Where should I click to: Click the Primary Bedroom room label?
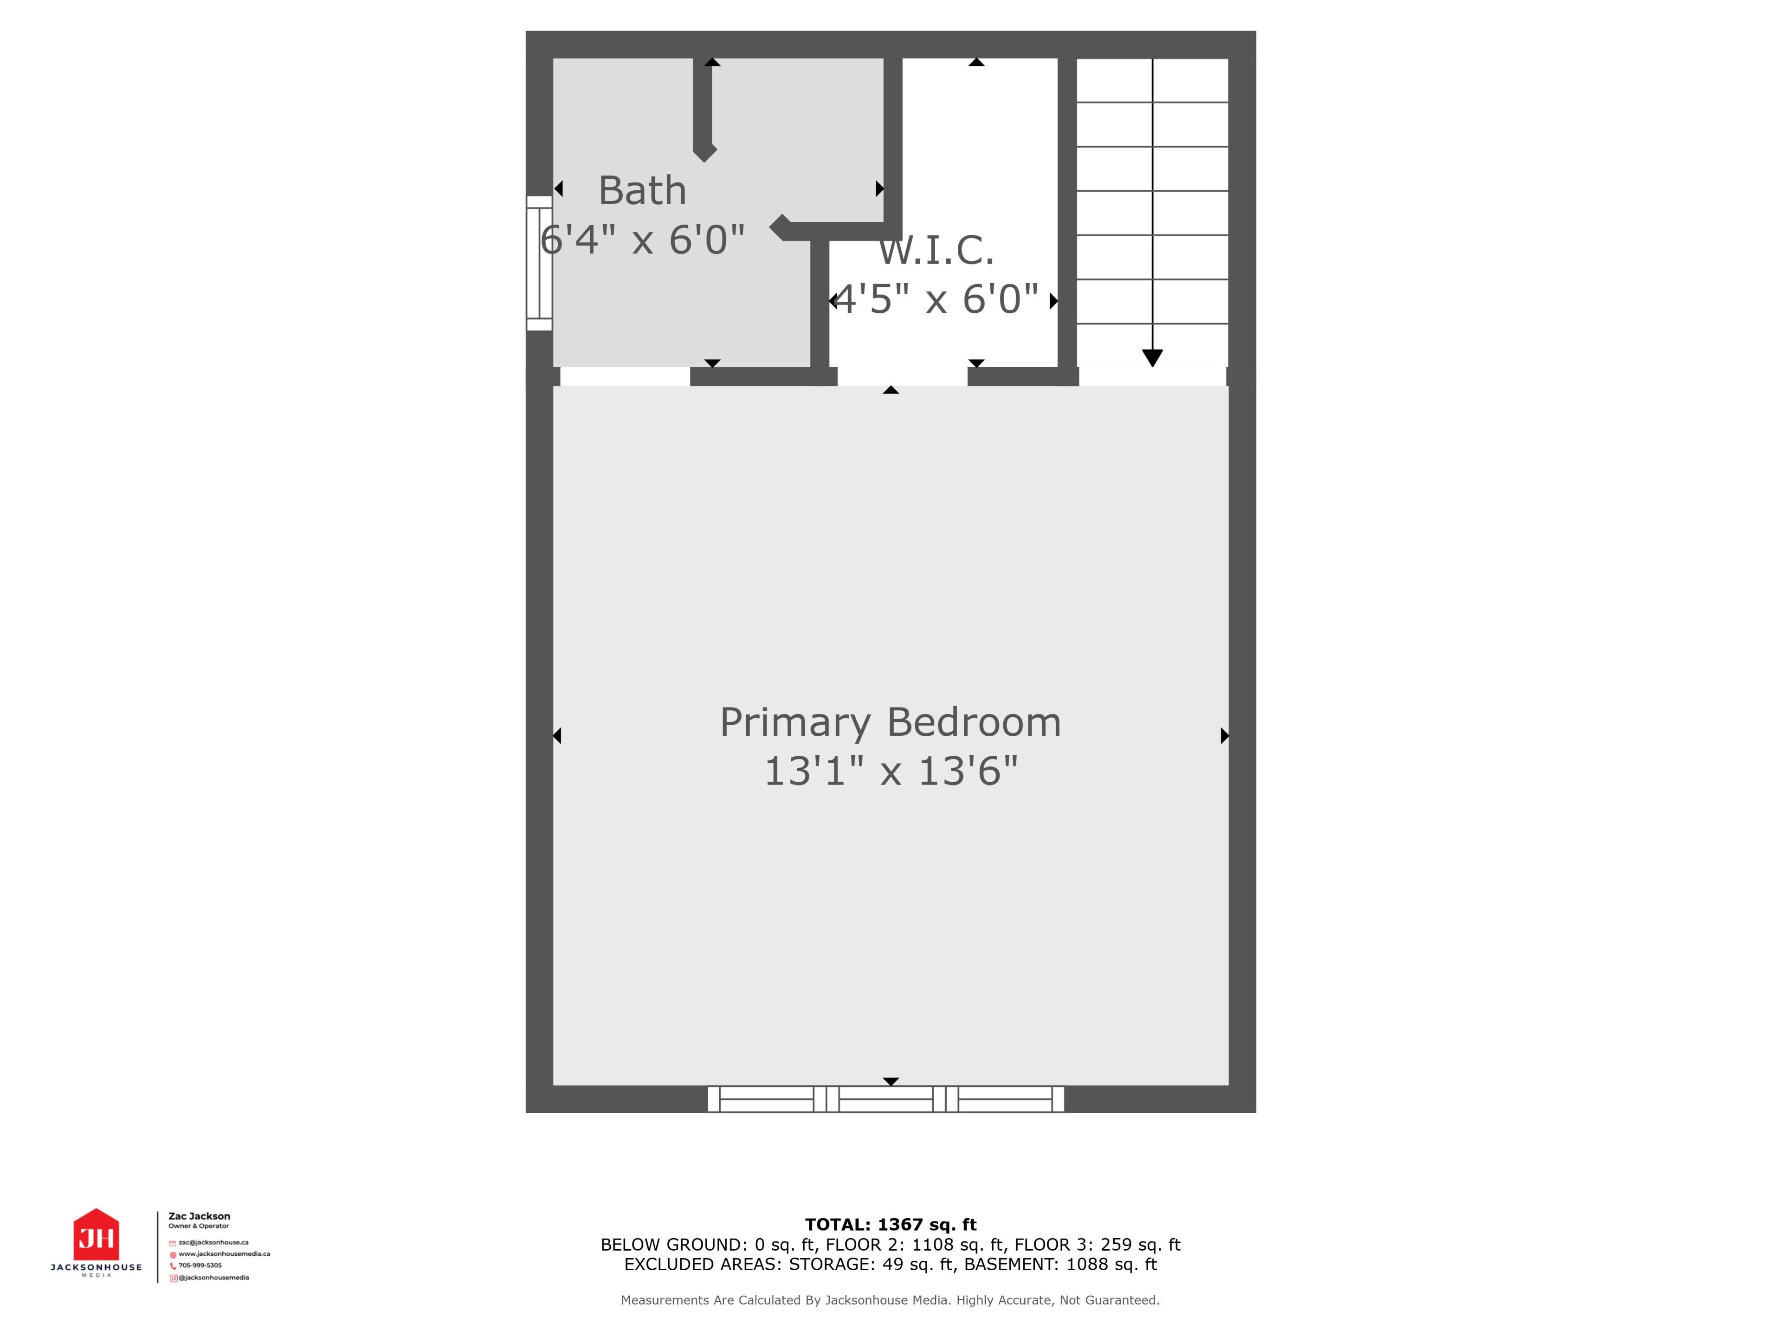click(x=890, y=722)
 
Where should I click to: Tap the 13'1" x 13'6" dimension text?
click(x=890, y=771)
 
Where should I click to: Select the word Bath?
click(x=642, y=191)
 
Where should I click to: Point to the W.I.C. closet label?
click(x=936, y=251)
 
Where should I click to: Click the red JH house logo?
click(x=97, y=1234)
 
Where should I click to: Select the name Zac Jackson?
click(x=199, y=1216)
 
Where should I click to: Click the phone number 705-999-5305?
click(x=200, y=1265)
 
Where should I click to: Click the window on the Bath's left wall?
click(x=539, y=263)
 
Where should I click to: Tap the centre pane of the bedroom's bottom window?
click(x=885, y=1099)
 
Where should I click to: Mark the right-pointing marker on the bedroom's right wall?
click(x=1225, y=735)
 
